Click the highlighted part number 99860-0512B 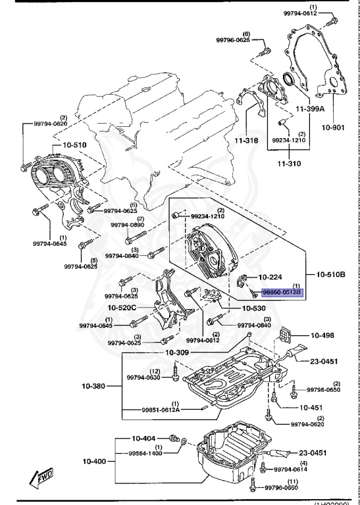[x=282, y=291]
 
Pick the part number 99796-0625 [x=234, y=40]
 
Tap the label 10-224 [x=270, y=277]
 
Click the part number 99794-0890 [x=127, y=225]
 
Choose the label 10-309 [x=177, y=352]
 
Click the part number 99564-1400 [x=145, y=453]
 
